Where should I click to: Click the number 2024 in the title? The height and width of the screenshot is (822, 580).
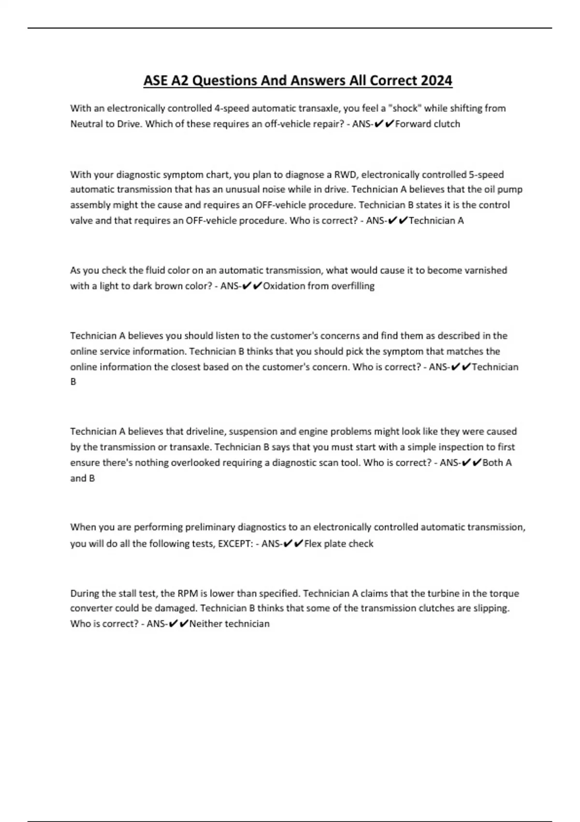tap(436, 80)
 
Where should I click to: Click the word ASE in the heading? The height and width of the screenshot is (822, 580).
tap(155, 80)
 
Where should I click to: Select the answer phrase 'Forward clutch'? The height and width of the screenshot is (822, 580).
tap(427, 124)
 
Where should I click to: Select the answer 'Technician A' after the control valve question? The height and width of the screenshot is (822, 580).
tap(436, 220)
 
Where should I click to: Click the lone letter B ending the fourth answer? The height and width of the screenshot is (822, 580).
tap(73, 382)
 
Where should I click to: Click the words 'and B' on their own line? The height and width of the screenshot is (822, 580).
tap(83, 478)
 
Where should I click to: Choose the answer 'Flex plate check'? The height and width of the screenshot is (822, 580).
tap(339, 543)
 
